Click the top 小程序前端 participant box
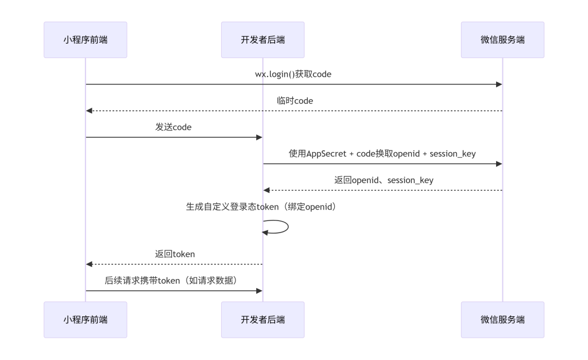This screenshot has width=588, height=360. pyautogui.click(x=85, y=40)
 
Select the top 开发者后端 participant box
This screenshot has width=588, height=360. pyautogui.click(x=262, y=40)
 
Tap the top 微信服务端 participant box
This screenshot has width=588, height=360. pyautogui.click(x=502, y=40)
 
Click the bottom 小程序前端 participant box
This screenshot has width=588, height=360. pyautogui.click(x=85, y=320)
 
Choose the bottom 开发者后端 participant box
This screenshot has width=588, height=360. pyautogui.click(x=262, y=320)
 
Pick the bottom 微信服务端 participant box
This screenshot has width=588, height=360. pyautogui.click(x=502, y=320)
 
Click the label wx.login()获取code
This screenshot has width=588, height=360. pyautogui.click(x=293, y=74)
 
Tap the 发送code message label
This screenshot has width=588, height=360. pyautogui.click(x=173, y=127)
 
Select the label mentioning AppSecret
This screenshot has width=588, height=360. pyautogui.click(x=382, y=153)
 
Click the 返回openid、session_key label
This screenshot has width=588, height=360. pyautogui.click(x=384, y=180)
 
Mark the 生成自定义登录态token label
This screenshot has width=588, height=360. pyautogui.click(x=261, y=207)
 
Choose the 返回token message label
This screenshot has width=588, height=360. pyautogui.click(x=175, y=253)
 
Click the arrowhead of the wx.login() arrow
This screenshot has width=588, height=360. pyautogui.click(x=499, y=84)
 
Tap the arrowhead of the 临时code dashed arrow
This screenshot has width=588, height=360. pyautogui.click(x=89, y=111)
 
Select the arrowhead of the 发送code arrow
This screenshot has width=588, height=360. pyautogui.click(x=259, y=137)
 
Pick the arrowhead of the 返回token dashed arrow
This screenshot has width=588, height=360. pyautogui.click(x=89, y=264)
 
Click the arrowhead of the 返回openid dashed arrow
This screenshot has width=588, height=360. pyautogui.click(x=266, y=190)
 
